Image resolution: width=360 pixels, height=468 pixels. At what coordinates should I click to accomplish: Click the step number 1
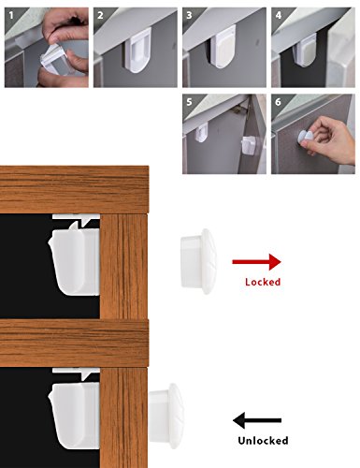[x=11, y=15]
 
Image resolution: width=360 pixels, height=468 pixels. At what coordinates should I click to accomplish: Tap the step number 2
[x=100, y=15]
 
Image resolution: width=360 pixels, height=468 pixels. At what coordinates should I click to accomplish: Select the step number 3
[x=189, y=15]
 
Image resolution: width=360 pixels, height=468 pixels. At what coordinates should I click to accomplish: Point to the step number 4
[x=279, y=15]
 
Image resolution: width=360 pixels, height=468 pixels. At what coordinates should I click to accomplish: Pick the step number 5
[x=189, y=102]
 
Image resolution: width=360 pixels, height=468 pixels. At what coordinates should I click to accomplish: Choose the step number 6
[x=279, y=102]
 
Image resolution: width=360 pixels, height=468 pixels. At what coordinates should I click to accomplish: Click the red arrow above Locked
[x=256, y=262]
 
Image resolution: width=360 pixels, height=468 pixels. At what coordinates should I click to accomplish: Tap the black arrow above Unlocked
[x=257, y=420]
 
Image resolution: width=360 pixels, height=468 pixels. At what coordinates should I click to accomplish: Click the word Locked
[x=263, y=282]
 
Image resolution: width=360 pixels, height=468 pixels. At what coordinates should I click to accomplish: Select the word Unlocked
[x=263, y=441]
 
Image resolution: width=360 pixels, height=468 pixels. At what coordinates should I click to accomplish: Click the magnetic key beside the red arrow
[x=198, y=261]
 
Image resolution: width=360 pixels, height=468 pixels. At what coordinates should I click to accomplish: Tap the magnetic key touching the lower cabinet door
[x=166, y=416]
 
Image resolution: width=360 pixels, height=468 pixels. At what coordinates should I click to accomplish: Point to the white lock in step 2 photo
[x=138, y=50]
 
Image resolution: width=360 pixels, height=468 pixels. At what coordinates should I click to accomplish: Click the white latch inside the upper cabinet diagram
[x=75, y=259]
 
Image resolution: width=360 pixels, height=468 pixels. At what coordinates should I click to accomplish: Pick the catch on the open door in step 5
[x=249, y=145]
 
